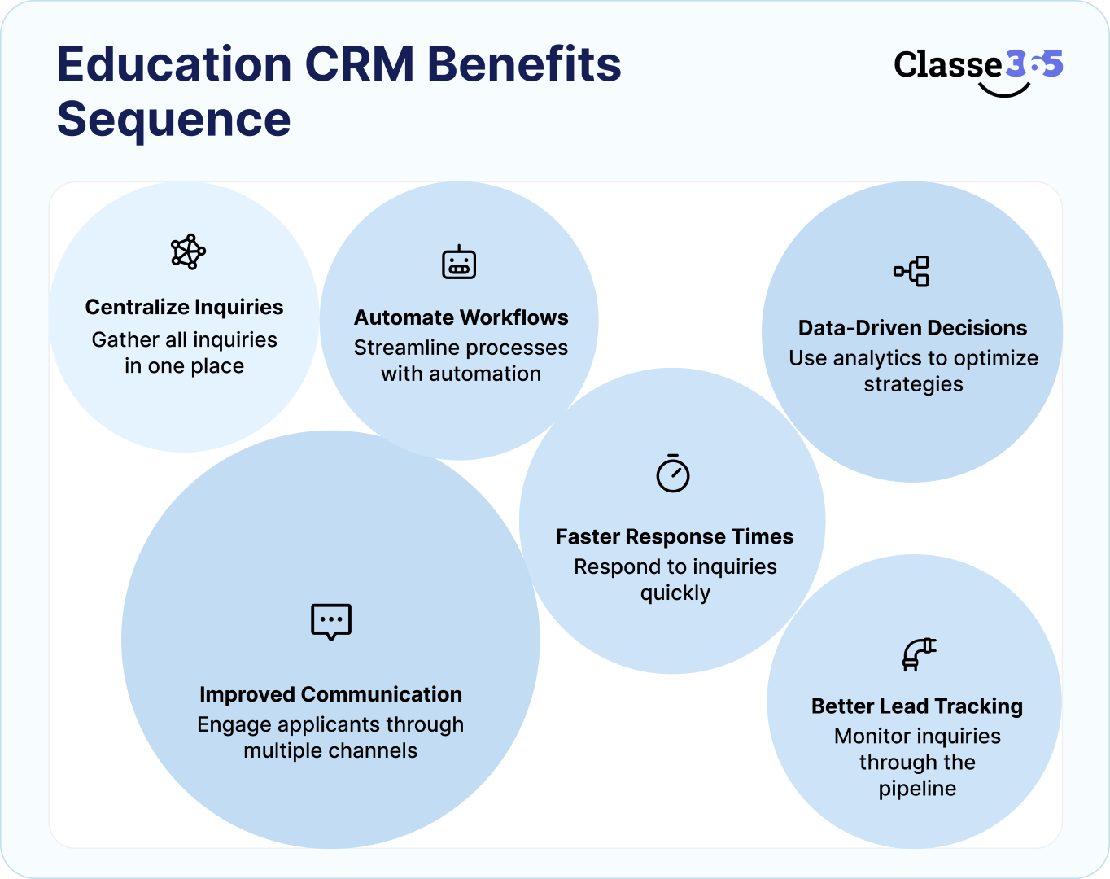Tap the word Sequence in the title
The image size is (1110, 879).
[173, 120]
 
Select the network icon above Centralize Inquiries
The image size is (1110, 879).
[188, 251]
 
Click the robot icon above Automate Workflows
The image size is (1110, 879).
[459, 262]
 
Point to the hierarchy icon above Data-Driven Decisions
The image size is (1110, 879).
[911, 271]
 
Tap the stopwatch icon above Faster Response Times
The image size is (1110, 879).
[673, 473]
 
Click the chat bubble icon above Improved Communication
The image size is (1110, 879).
[331, 622]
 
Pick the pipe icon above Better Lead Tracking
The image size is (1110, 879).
[919, 654]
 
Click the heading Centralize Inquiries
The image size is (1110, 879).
[184, 307]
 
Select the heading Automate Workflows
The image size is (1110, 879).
[461, 317]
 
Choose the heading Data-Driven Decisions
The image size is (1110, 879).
[912, 328]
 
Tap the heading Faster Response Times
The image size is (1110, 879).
[675, 536]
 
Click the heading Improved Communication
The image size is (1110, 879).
[330, 694]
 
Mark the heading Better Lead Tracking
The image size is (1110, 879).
[917, 706]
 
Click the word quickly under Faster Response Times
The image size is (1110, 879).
[675, 593]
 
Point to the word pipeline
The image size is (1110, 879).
[917, 789]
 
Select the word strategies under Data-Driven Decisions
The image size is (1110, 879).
[913, 384]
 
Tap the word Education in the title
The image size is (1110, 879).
[174, 64]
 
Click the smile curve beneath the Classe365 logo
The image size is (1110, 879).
[1004, 90]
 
